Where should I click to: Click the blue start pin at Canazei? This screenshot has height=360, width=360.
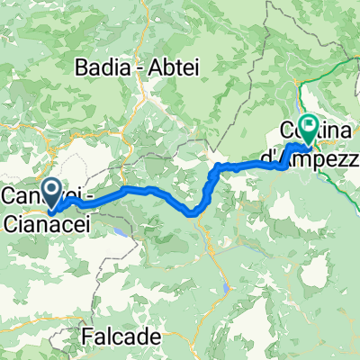click(50, 192)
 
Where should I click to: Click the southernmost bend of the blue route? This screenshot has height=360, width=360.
click(193, 214)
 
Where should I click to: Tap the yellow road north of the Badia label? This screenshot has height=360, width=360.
click(144, 27)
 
